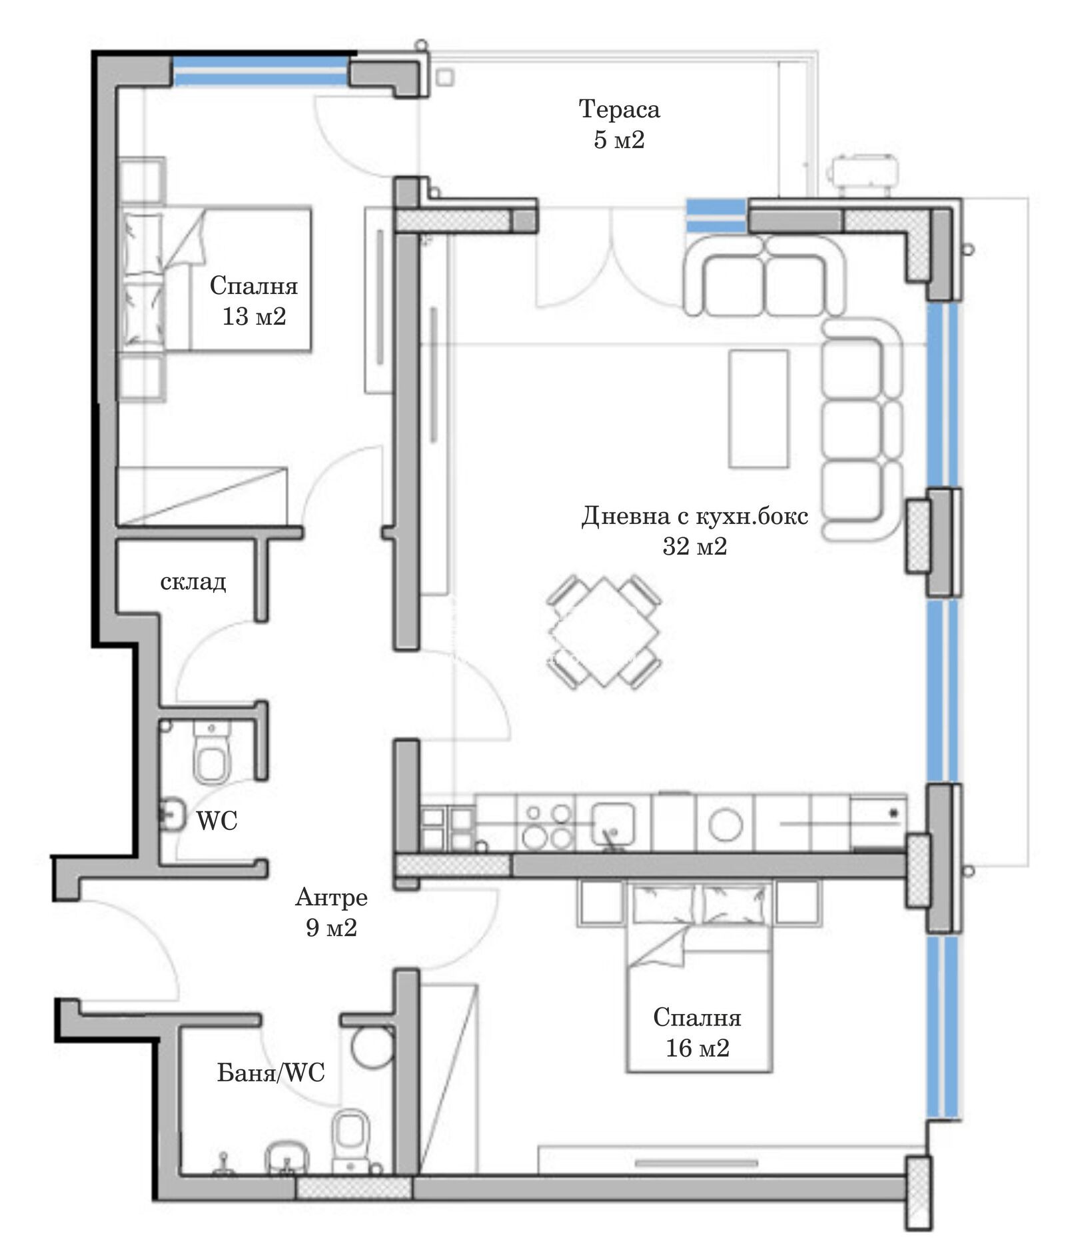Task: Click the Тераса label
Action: [619, 109]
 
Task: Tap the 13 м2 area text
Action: [254, 316]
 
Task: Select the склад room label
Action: [193, 581]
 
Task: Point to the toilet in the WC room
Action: [210, 758]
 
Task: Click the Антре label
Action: [331, 897]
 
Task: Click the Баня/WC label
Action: [271, 1072]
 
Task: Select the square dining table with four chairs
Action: [604, 631]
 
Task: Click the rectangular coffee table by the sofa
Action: [759, 409]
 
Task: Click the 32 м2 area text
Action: [694, 547]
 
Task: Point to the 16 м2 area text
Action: [697, 1048]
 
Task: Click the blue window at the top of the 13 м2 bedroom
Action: [261, 71]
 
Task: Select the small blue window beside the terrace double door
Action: [716, 215]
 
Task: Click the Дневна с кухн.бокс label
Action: [694, 516]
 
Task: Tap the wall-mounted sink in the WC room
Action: [171, 814]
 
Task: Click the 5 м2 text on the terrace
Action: [619, 140]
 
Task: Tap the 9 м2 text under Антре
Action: [331, 927]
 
